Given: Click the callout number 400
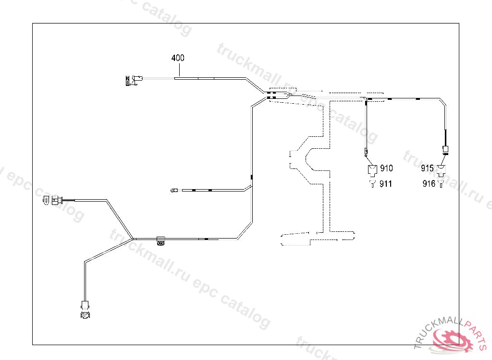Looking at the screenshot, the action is click(x=178, y=58).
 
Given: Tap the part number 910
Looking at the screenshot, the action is click(x=386, y=168).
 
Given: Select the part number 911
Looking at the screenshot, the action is click(x=386, y=183).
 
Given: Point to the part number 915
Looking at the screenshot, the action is click(x=427, y=168).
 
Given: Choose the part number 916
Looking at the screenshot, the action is click(x=429, y=183).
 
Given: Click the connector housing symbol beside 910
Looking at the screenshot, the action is click(x=372, y=169).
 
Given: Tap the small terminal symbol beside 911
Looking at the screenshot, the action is click(x=372, y=184).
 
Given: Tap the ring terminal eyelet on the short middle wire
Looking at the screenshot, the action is click(x=173, y=191).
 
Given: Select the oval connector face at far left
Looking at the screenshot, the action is click(x=46, y=201).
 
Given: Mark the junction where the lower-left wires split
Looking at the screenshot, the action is click(x=133, y=238).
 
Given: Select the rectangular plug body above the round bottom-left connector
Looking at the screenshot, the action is click(x=86, y=305).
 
